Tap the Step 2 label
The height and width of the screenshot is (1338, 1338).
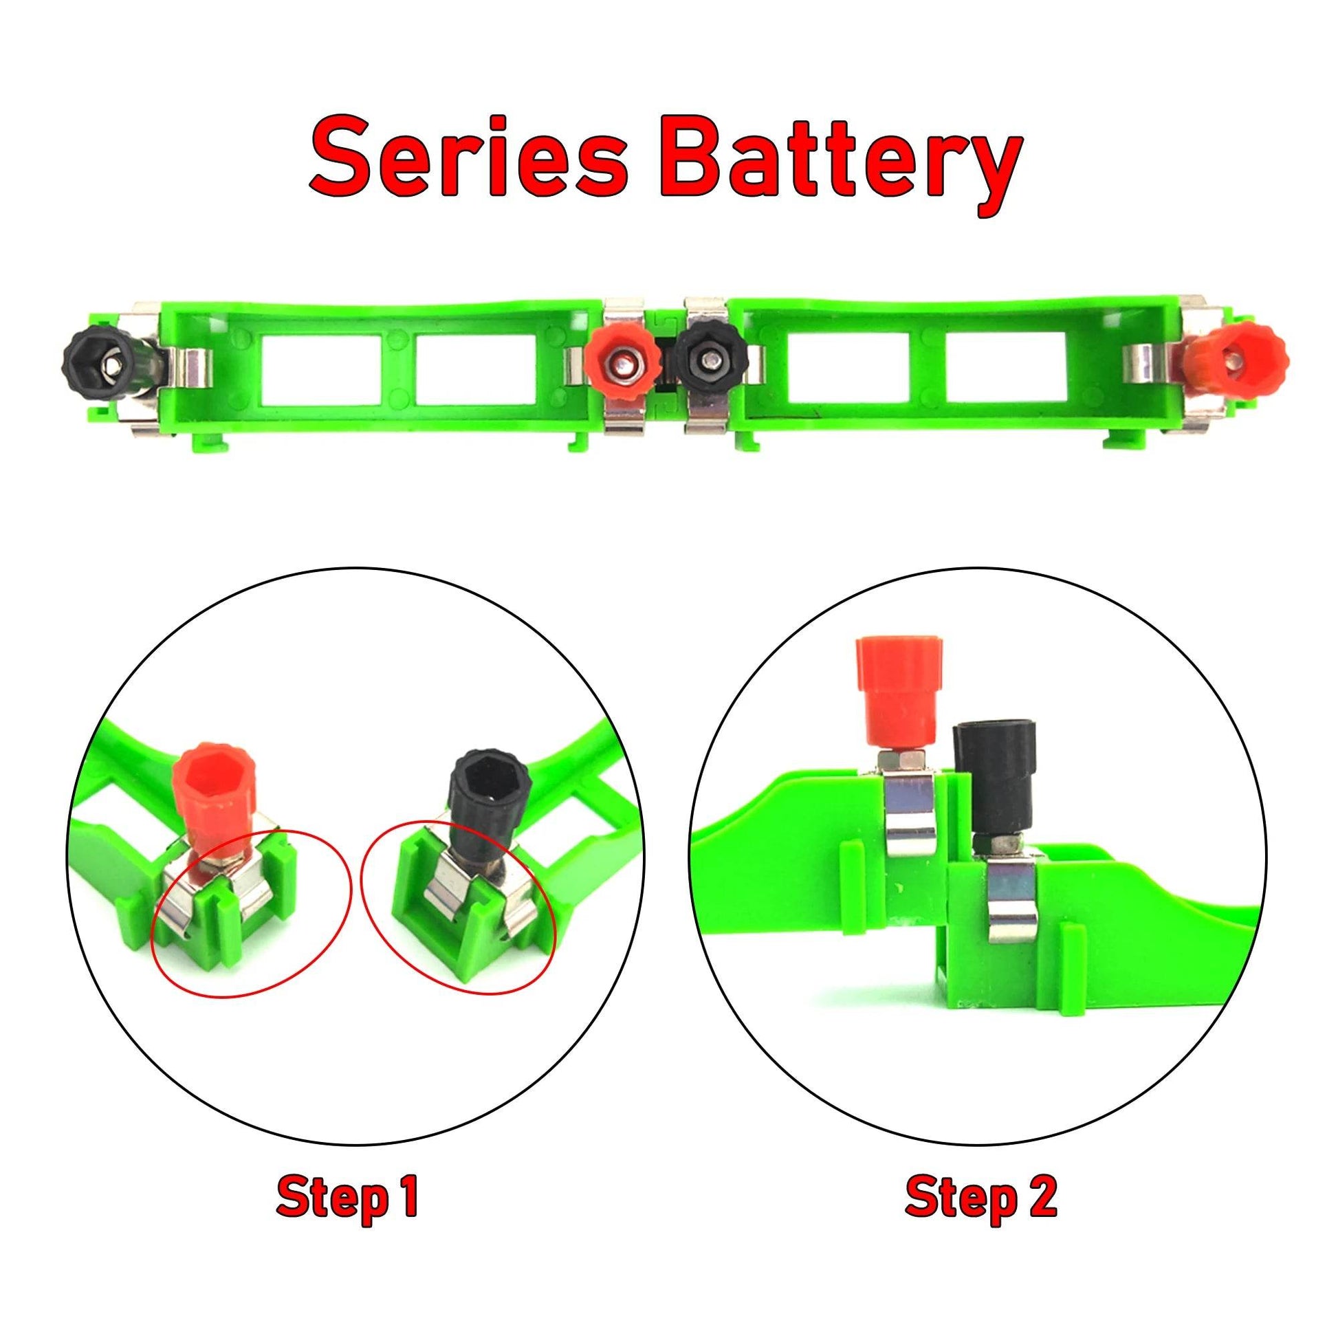pos(980,1192)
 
